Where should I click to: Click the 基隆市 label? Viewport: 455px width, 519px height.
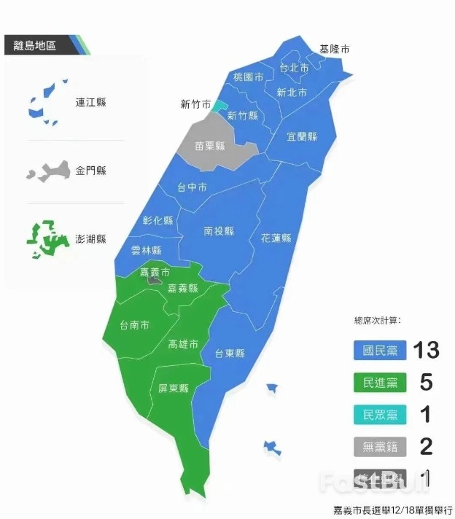334,50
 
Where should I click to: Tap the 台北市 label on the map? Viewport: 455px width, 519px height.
294,68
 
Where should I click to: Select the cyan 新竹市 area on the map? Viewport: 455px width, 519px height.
219,105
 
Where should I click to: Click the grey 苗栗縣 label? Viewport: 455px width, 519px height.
209,146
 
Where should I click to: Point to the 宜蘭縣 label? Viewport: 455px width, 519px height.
301,136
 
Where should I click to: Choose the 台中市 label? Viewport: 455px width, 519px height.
192,187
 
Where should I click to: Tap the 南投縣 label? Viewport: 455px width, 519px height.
219,231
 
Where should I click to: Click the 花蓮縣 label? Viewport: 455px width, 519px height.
276,238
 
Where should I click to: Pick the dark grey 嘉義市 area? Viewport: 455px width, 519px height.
154,279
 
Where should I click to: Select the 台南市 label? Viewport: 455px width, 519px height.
134,325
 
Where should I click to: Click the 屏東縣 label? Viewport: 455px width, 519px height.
174,389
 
